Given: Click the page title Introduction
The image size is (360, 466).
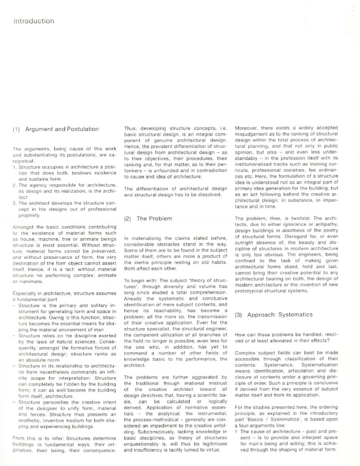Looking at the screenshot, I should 34,21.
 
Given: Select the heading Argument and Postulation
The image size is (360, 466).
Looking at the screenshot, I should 62,129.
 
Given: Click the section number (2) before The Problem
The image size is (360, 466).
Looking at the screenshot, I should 128,218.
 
